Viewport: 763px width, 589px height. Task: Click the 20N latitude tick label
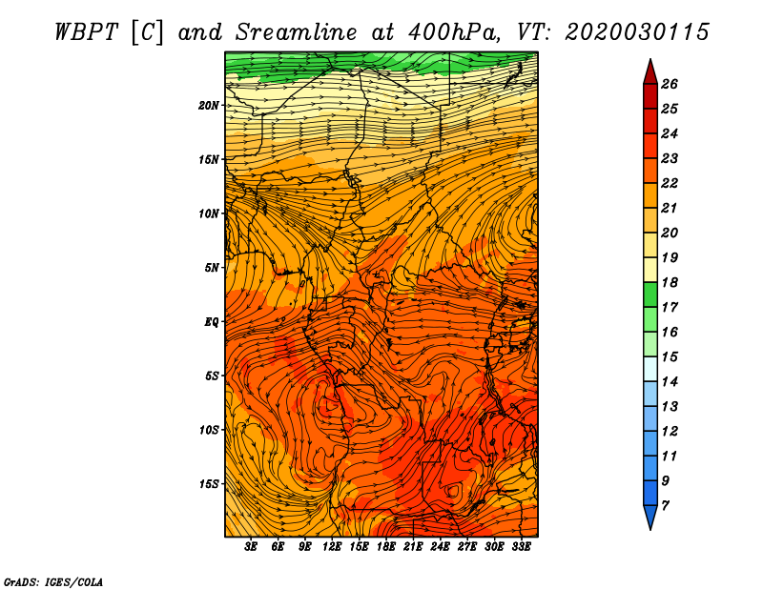[208, 106]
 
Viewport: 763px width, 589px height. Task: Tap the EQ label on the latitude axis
[211, 322]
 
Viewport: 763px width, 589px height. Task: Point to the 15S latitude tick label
[208, 484]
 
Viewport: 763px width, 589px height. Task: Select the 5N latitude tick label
[211, 268]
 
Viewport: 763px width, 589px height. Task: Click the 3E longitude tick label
[251, 547]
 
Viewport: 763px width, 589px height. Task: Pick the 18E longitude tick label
[386, 547]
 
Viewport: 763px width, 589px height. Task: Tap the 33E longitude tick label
[521, 547]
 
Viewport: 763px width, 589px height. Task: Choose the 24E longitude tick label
[440, 547]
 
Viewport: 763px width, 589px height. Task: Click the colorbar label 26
[670, 84]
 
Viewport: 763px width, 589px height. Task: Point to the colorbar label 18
[670, 282]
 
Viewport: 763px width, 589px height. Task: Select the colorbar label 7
[665, 505]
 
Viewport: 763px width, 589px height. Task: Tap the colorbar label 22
[670, 183]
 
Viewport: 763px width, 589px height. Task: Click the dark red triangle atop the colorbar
[650, 73]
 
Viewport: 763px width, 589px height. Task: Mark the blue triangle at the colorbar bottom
[650, 516]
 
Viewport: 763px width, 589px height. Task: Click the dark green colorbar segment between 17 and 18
[650, 294]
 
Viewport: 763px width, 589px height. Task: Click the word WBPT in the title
[86, 32]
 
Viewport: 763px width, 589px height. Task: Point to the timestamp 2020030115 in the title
[637, 32]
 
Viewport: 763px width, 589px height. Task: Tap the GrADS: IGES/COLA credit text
[53, 582]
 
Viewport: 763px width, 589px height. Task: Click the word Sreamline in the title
[297, 32]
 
